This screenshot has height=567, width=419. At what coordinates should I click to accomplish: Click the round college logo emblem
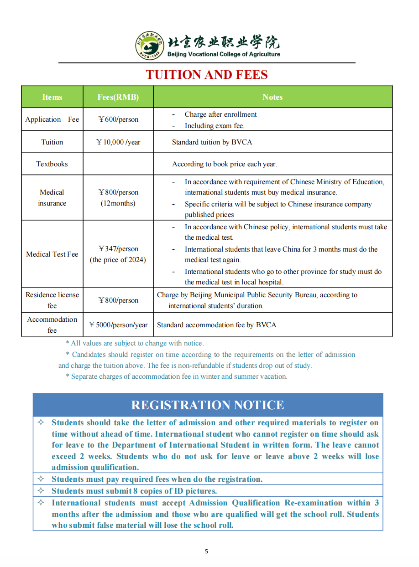[150, 46]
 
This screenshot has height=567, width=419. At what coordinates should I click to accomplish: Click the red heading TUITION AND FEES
[207, 75]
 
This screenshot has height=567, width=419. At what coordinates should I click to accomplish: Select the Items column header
[52, 97]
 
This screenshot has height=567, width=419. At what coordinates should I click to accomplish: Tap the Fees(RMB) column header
[118, 97]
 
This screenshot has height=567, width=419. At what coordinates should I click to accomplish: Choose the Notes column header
[272, 97]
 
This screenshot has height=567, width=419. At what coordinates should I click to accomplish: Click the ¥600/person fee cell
[118, 119]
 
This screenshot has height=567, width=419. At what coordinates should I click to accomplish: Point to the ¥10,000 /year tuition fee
[118, 142]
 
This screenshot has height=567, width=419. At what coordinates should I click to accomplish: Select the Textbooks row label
[52, 164]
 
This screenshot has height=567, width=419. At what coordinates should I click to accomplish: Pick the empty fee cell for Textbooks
[118, 164]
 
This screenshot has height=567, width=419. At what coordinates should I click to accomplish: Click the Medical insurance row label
[52, 198]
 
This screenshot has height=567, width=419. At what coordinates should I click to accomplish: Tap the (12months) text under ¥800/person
[118, 203]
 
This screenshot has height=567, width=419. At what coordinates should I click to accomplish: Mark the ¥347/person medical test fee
[118, 249]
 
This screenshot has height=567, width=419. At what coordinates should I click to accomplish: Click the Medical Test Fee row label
[52, 254]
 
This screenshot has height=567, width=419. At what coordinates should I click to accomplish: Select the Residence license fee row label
[52, 300]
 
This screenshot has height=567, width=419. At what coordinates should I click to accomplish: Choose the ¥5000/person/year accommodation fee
[118, 325]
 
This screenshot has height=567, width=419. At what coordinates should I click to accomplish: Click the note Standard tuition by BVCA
[212, 142]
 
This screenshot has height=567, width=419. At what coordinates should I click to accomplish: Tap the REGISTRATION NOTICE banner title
[208, 405]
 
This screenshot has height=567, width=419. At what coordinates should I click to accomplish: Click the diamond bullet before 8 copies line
[41, 491]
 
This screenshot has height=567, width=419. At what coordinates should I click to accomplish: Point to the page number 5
[206, 552]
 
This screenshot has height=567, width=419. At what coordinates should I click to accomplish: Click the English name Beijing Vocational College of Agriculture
[224, 54]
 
